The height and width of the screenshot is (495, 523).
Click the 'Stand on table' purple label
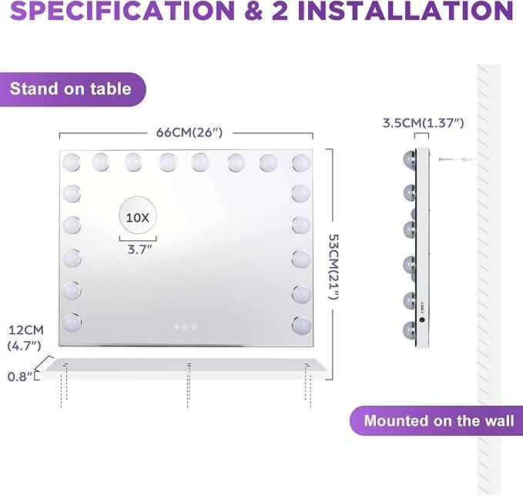71,89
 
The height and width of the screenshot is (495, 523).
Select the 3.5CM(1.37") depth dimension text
423,122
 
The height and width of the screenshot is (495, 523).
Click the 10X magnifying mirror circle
137,217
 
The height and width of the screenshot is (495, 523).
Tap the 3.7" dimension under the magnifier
138,249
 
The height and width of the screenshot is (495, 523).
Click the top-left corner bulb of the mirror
72,162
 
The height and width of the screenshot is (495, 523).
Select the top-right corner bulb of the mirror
301,162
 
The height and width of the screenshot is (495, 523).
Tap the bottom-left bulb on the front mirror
72,320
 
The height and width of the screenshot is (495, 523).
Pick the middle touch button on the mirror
185,327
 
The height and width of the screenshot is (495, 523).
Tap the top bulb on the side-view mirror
410,159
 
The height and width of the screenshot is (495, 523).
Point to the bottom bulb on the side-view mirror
410,329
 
